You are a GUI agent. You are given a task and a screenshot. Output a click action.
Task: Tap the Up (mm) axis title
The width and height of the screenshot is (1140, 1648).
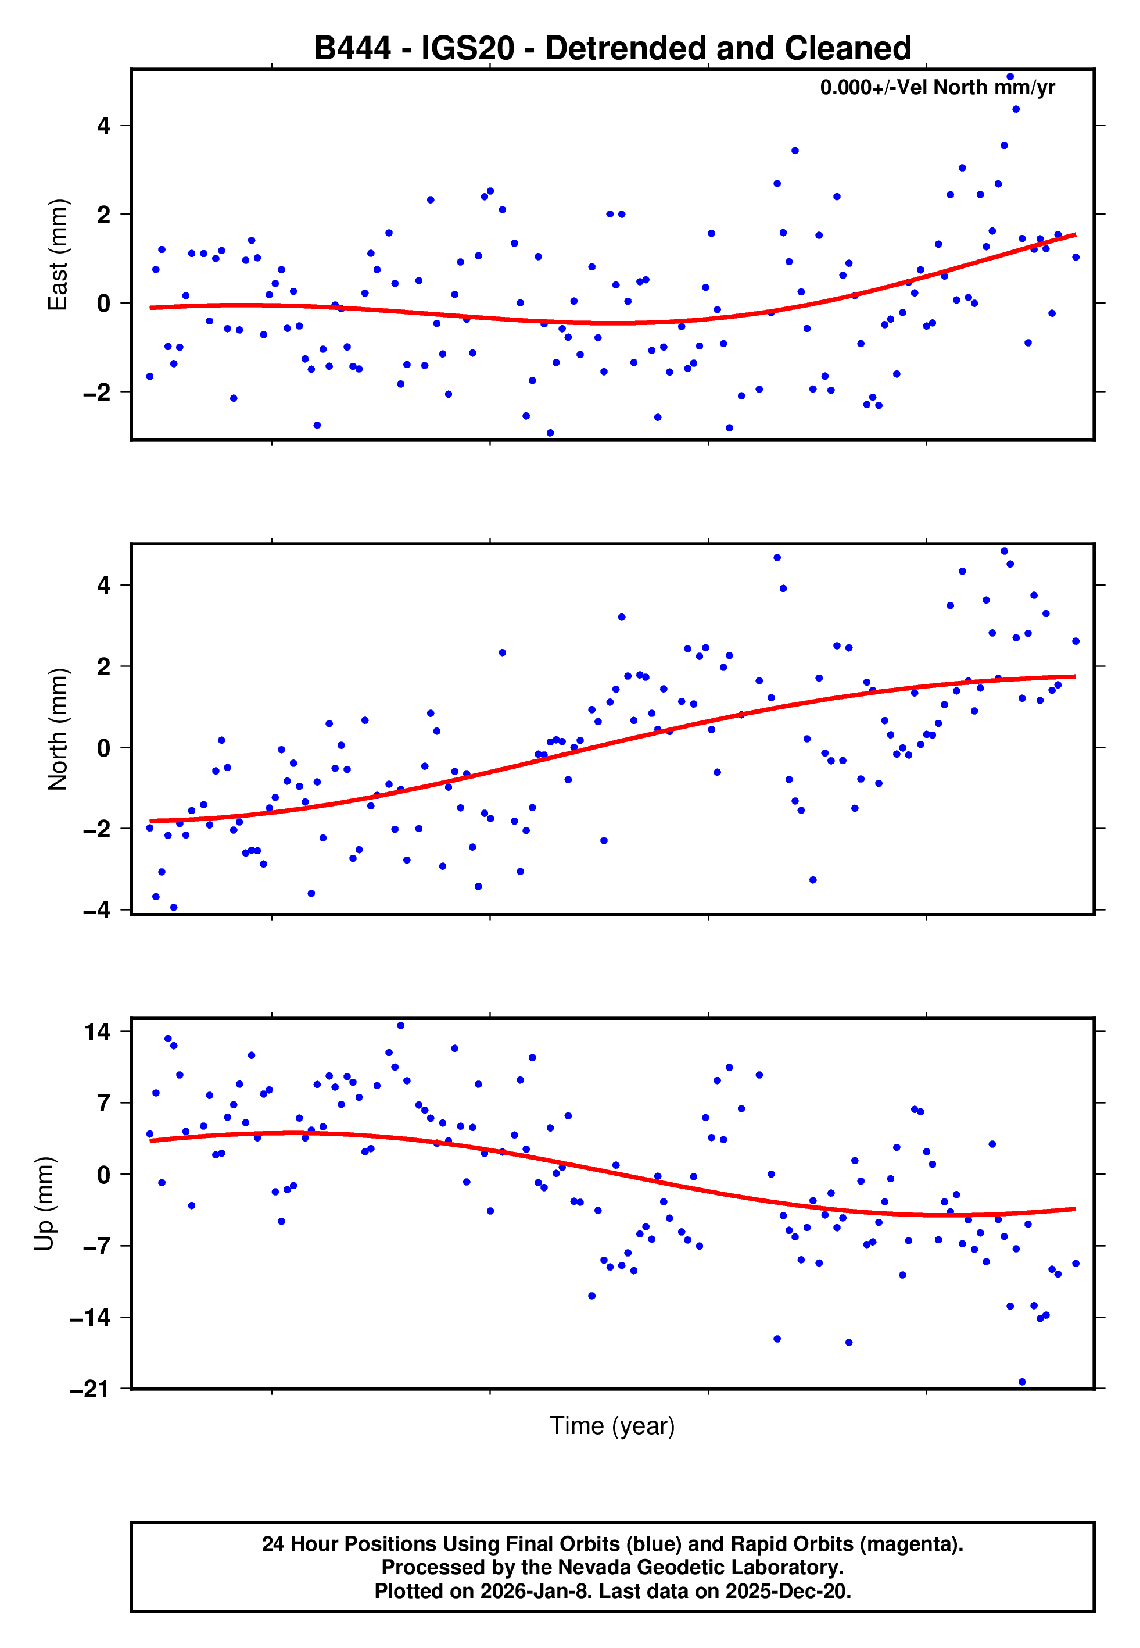(44, 1204)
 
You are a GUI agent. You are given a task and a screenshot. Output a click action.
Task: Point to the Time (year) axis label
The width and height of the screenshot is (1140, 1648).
(612, 1425)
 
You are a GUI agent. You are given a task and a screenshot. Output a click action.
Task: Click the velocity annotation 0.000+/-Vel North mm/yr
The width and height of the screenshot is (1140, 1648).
(937, 87)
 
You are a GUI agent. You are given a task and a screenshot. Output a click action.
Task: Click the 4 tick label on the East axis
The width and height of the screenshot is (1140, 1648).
(104, 127)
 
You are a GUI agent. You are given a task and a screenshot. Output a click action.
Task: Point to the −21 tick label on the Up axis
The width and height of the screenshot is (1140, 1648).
(90, 1389)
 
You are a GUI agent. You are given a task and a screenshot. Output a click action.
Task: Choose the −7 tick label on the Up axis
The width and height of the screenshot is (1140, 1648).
(94, 1246)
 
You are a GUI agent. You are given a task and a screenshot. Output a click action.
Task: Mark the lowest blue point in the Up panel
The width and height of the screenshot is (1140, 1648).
(1022, 1382)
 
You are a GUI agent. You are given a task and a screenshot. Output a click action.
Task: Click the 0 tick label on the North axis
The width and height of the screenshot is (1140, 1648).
(104, 748)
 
